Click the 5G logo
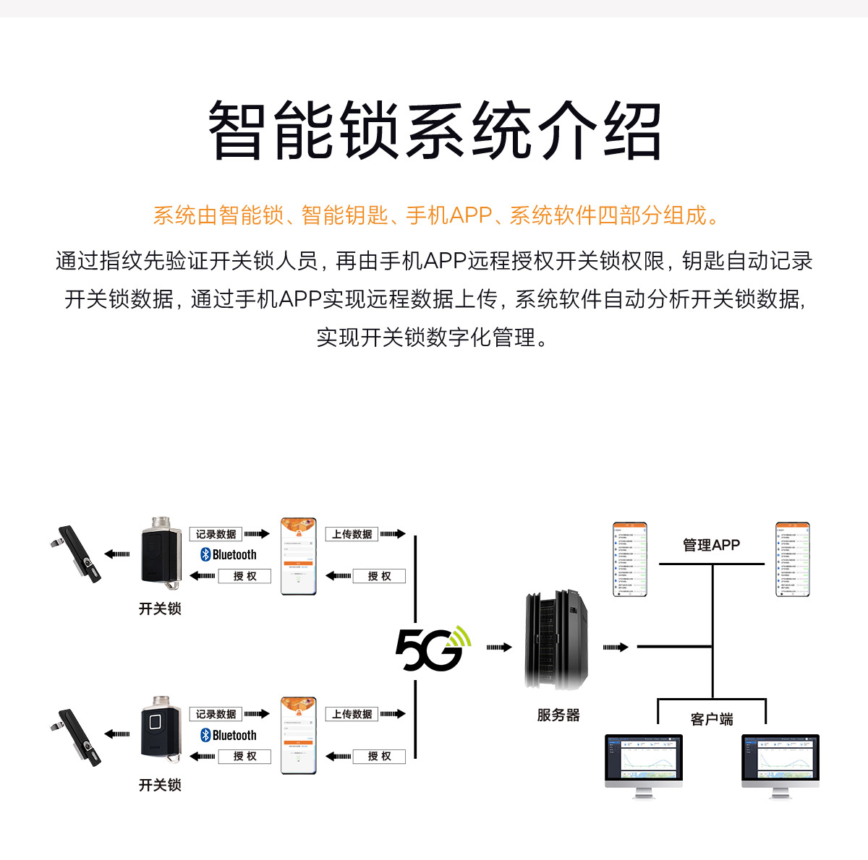click(x=432, y=648)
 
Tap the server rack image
click(x=555, y=640)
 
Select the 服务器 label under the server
click(x=558, y=715)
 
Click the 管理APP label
click(x=711, y=545)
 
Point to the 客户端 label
click(x=712, y=719)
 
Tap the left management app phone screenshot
click(x=629, y=559)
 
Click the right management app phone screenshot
click(x=792, y=559)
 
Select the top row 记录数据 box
click(x=216, y=534)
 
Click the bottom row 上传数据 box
click(x=352, y=714)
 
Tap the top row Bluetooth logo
click(x=205, y=554)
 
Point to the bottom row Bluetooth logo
click(x=205, y=735)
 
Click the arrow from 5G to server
click(x=498, y=648)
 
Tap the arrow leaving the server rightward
click(x=615, y=648)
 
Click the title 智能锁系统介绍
click(x=434, y=132)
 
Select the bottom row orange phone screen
click(x=299, y=736)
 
